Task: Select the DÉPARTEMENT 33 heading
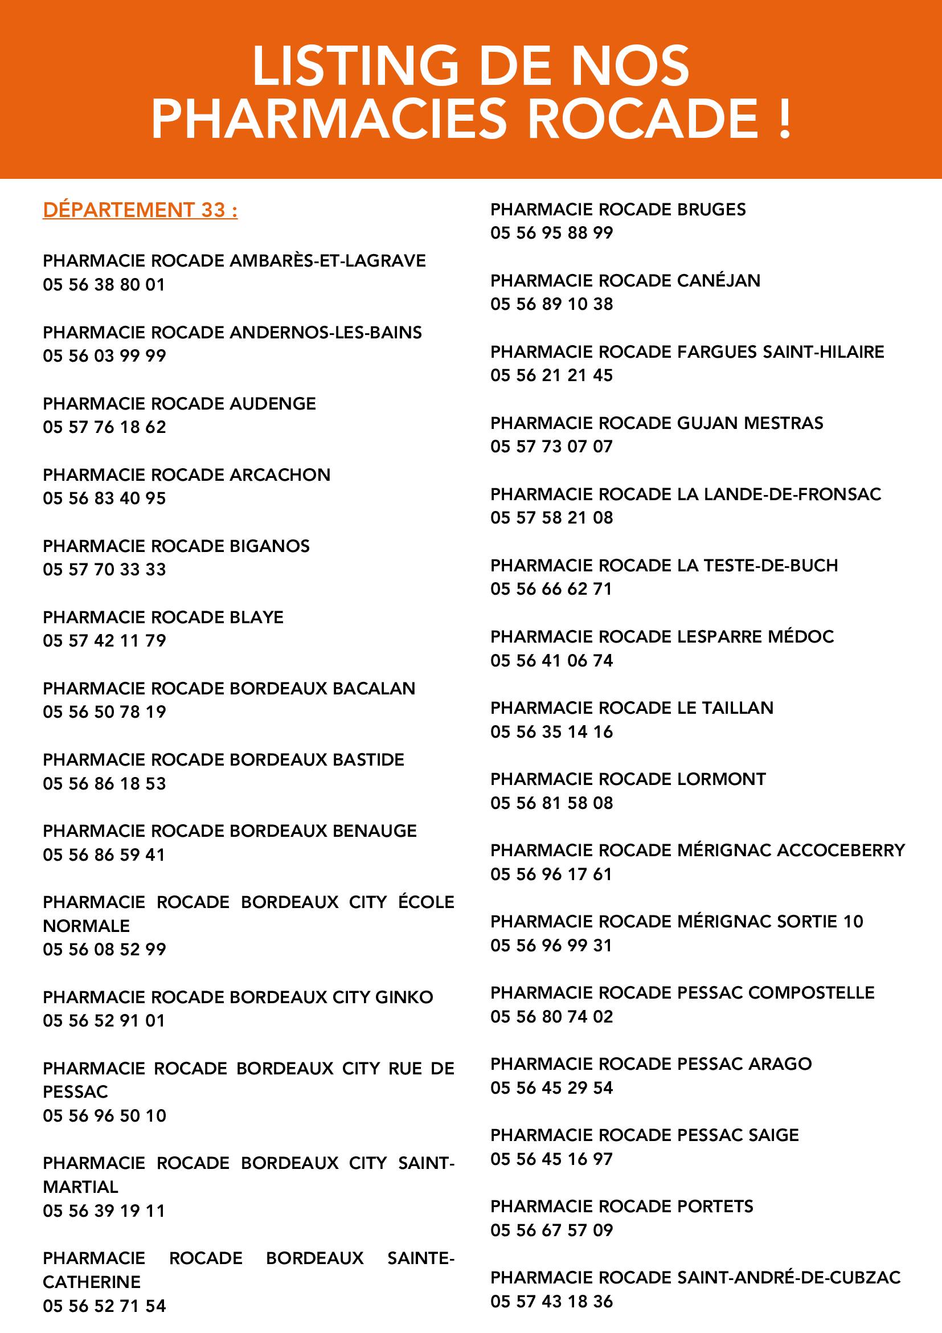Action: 140,210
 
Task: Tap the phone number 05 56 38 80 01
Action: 104,284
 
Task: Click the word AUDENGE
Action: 273,403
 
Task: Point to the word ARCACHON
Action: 280,475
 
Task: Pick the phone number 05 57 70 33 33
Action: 104,570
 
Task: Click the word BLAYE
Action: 256,617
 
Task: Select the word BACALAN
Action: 374,689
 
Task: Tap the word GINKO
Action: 404,997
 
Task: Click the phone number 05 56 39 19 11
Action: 104,1211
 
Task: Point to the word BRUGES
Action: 711,209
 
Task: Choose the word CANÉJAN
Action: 719,280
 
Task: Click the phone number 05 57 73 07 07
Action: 551,447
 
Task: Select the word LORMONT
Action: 722,779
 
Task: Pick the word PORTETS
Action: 715,1207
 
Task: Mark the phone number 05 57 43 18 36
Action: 551,1302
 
